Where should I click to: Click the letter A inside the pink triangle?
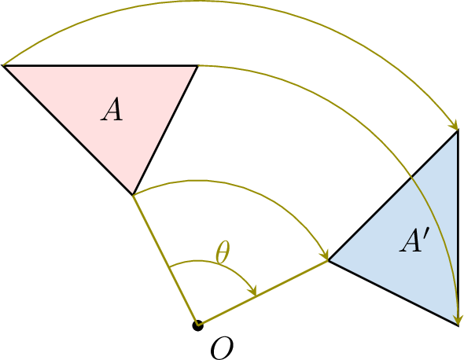pos(112,109)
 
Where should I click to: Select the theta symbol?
pos(223,252)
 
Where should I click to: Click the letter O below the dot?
pos(222,348)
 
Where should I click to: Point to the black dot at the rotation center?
pos(197,325)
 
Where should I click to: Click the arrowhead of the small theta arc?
pos(253,292)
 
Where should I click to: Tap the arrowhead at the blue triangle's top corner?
pos(455,126)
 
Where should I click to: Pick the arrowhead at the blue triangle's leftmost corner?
pos(325,255)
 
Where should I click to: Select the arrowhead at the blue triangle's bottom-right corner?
pos(458,321)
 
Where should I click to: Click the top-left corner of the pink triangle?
pos(3,65)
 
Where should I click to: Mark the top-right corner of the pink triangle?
pos(197,65)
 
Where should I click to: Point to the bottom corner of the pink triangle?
pos(133,195)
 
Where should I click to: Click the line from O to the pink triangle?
pos(165,260)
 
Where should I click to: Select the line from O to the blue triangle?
pos(263,293)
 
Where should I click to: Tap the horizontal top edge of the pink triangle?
pos(101,65)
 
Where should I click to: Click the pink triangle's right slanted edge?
pos(165,130)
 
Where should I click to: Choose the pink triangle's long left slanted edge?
pos(68,130)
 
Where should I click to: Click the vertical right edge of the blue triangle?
pos(458,228)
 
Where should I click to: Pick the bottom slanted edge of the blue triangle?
pos(393,293)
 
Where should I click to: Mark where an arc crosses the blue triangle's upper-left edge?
pos(411,178)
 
